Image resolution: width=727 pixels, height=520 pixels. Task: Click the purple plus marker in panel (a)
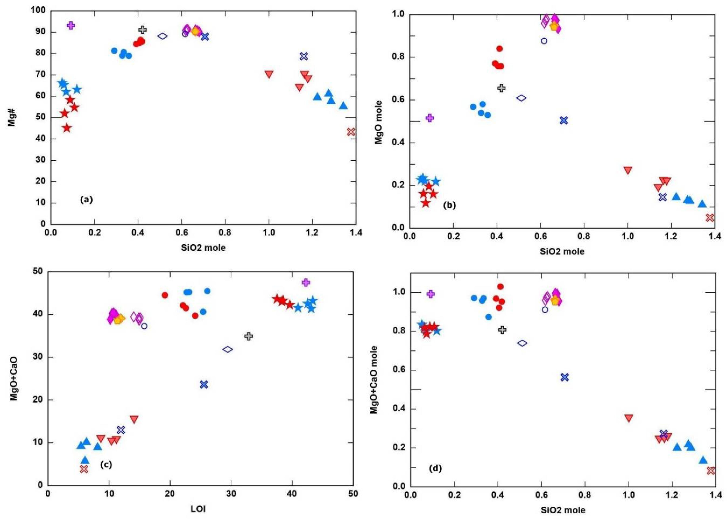tap(71, 26)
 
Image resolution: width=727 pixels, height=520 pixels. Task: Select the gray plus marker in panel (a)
tap(143, 30)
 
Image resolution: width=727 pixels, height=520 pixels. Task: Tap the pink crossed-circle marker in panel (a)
tap(351, 132)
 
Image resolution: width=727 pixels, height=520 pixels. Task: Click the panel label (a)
tap(86, 200)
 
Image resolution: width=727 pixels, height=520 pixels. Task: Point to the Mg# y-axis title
tap(12, 117)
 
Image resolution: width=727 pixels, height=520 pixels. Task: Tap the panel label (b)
tap(449, 205)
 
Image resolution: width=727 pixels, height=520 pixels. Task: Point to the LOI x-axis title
tap(198, 509)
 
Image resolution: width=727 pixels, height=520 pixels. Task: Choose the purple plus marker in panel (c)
tap(306, 282)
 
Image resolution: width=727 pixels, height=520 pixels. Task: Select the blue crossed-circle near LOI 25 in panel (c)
tap(204, 384)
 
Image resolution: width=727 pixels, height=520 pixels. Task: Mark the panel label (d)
tap(435, 469)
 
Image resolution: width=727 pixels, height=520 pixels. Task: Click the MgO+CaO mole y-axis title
tap(374, 379)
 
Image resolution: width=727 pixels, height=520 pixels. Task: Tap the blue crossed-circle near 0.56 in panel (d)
tap(565, 377)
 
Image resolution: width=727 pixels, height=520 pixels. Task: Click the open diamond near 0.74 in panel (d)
tap(522, 343)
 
